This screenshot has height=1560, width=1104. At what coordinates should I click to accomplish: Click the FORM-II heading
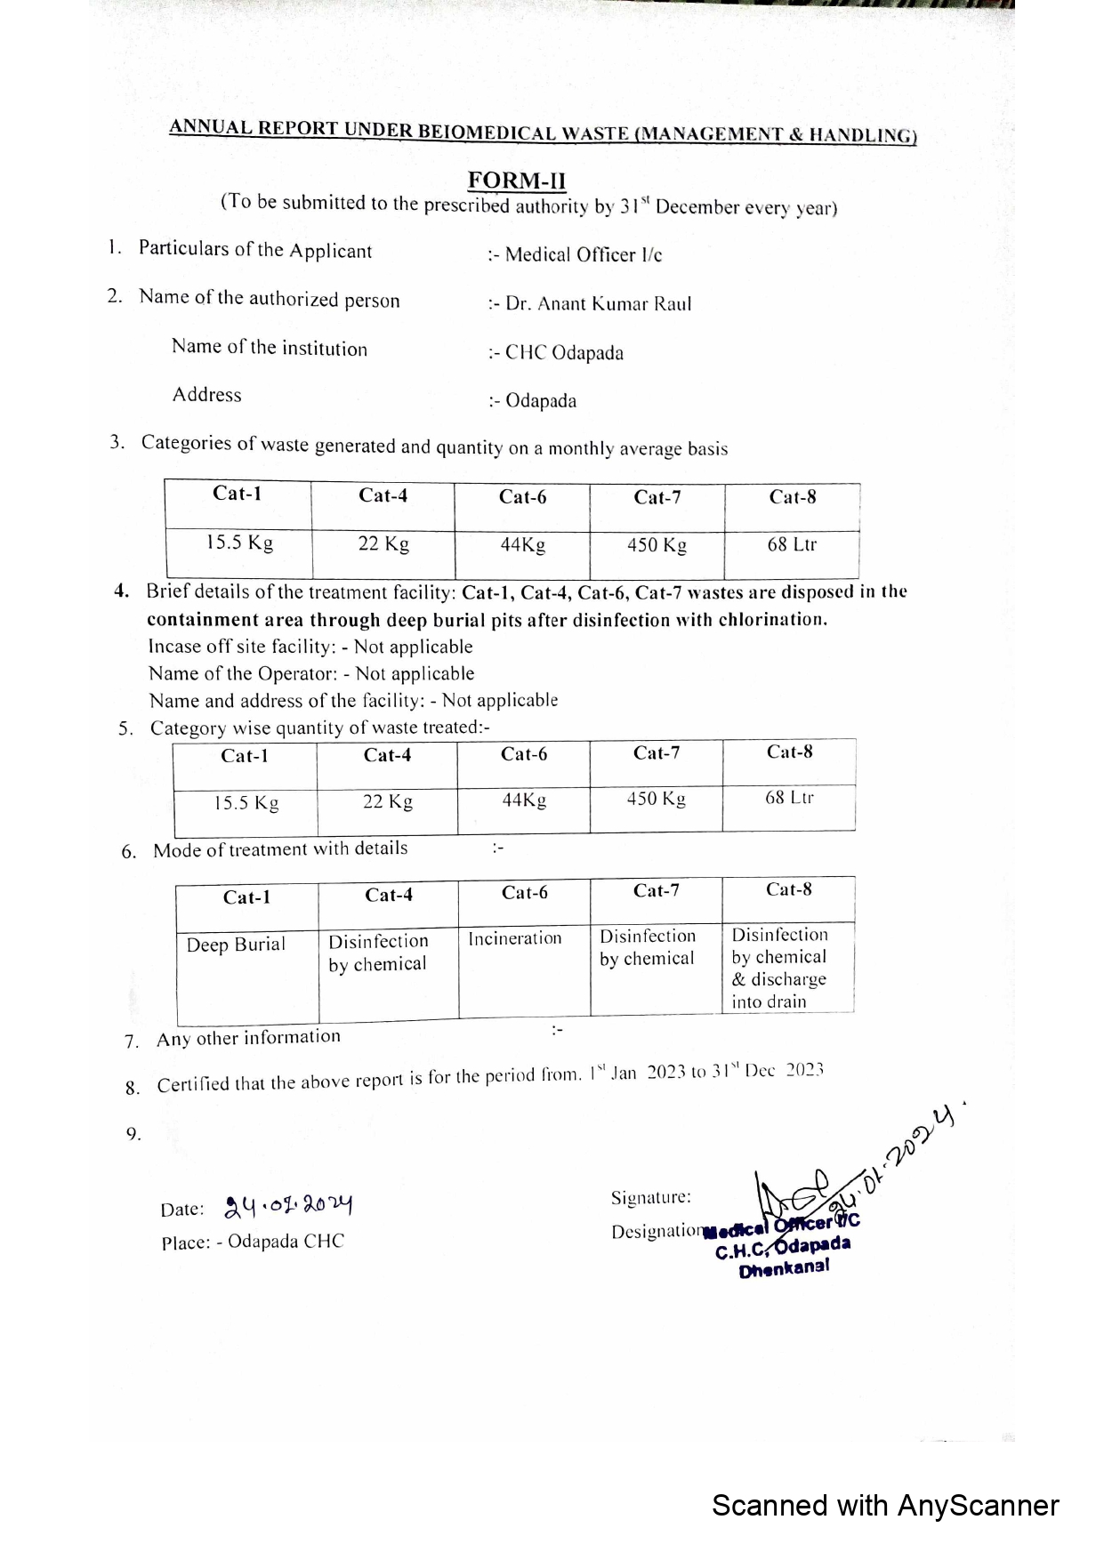[517, 181]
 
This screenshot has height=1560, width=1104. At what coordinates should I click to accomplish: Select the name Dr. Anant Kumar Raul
[598, 303]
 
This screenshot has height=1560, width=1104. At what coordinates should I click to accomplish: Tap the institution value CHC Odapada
[564, 352]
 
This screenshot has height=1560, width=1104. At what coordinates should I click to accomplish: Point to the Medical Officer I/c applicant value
[583, 254]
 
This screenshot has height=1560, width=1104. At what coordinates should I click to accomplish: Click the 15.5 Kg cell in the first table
[239, 543]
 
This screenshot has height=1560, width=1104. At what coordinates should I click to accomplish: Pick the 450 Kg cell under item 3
[657, 544]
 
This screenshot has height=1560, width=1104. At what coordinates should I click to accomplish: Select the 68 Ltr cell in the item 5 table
[789, 798]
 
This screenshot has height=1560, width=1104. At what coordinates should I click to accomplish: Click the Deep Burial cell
[236, 945]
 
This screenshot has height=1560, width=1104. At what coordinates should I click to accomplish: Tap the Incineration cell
[515, 938]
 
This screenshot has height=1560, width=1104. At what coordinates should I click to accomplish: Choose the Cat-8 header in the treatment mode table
[788, 889]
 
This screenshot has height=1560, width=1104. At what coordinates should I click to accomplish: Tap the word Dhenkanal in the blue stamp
[784, 1267]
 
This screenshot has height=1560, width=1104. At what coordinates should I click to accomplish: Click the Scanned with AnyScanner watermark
[885, 1505]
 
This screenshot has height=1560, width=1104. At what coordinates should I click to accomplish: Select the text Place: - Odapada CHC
[253, 1242]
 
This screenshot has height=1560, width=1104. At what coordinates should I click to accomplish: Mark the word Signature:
[650, 1198]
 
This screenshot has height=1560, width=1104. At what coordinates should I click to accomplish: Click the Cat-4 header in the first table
[383, 495]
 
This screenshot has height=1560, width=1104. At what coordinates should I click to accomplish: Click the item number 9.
[133, 1134]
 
